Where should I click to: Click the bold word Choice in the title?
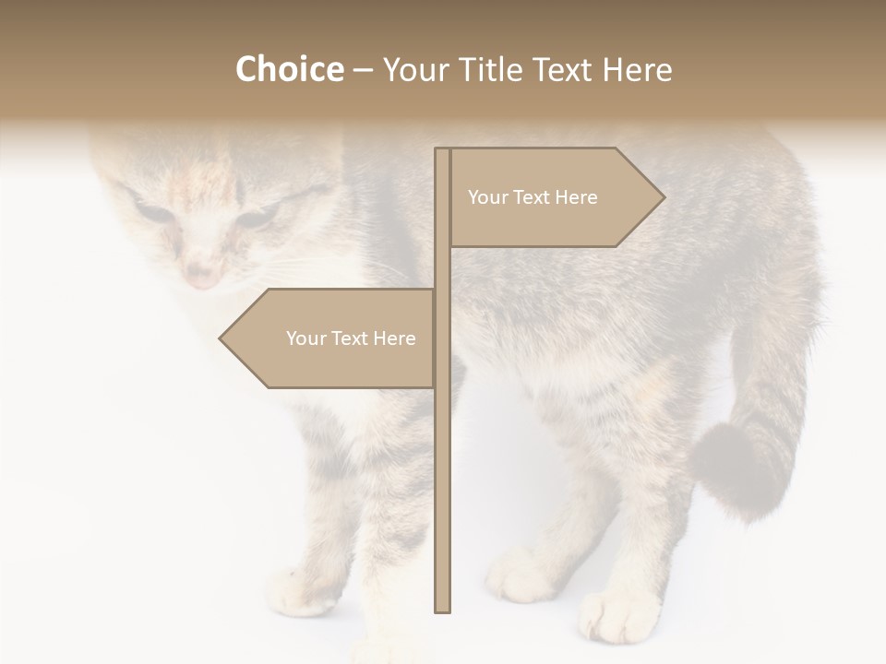(289, 69)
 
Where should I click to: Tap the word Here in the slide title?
(637, 69)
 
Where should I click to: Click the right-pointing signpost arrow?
(554, 197)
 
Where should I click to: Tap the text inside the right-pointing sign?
(533, 197)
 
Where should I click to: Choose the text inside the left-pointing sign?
(351, 338)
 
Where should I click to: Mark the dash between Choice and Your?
(363, 70)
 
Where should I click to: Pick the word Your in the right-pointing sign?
(486, 197)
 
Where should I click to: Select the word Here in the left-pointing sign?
(394, 338)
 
